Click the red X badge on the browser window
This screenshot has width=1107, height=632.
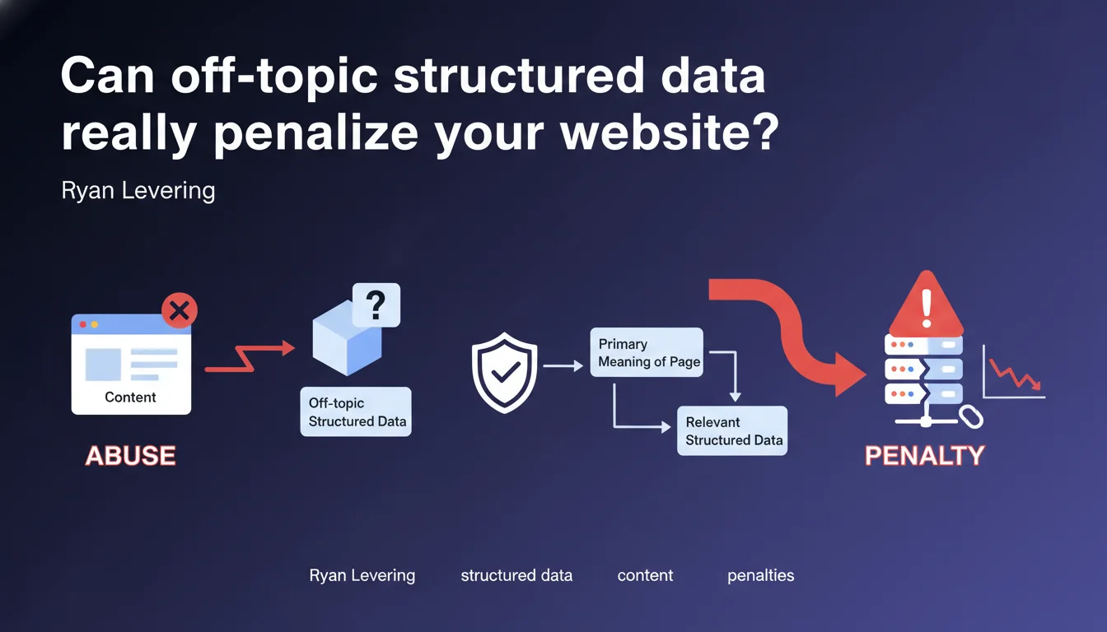[x=179, y=311]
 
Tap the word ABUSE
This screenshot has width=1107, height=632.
[x=130, y=455]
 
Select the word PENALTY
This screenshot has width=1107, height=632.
[x=924, y=455]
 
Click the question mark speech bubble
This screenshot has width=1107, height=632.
[x=376, y=304]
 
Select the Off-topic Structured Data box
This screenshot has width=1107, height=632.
[x=356, y=411]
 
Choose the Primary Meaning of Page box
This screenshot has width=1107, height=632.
[x=647, y=352]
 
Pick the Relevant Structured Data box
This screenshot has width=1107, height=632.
[x=731, y=430]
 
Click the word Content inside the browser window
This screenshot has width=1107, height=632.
[x=130, y=397]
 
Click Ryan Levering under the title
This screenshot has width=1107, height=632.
[x=138, y=191]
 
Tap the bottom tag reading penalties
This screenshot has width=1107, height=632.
[x=760, y=575]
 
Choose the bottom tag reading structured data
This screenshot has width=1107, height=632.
[x=516, y=575]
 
